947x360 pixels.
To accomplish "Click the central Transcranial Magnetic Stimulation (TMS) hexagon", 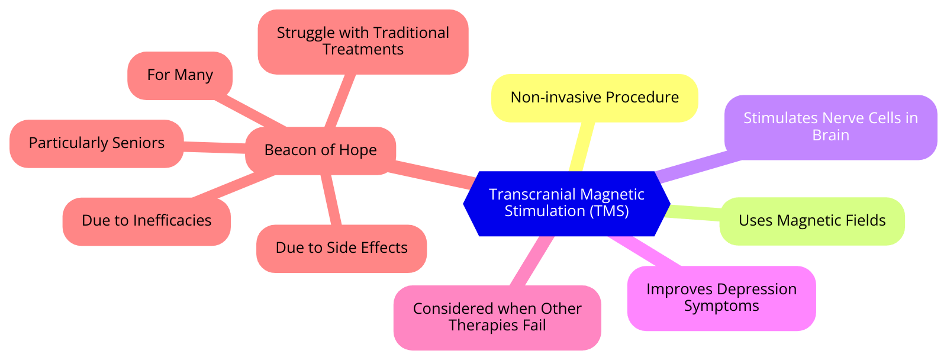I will click(x=566, y=203).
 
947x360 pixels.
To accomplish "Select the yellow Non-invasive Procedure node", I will click(x=594, y=98).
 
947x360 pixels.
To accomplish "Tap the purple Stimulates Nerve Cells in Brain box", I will click(x=830, y=127).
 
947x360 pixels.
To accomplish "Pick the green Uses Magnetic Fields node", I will click(x=811, y=221).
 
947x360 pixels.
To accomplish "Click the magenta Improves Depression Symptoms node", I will click(x=721, y=298).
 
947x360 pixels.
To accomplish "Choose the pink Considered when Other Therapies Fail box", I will click(x=497, y=317).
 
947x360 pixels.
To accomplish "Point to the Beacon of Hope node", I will click(x=320, y=150).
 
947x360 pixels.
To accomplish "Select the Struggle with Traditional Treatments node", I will click(x=363, y=41).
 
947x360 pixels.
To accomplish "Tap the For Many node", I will click(x=179, y=75).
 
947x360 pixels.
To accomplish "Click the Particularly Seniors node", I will click(x=96, y=143).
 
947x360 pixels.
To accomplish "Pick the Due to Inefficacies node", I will click(x=146, y=221).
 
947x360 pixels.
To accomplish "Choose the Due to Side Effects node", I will click(x=341, y=248).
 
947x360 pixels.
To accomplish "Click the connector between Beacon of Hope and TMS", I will click(x=435, y=173).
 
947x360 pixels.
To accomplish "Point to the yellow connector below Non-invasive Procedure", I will click(x=581, y=145).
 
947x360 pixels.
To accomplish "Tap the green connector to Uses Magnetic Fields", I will click(x=694, y=213).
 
